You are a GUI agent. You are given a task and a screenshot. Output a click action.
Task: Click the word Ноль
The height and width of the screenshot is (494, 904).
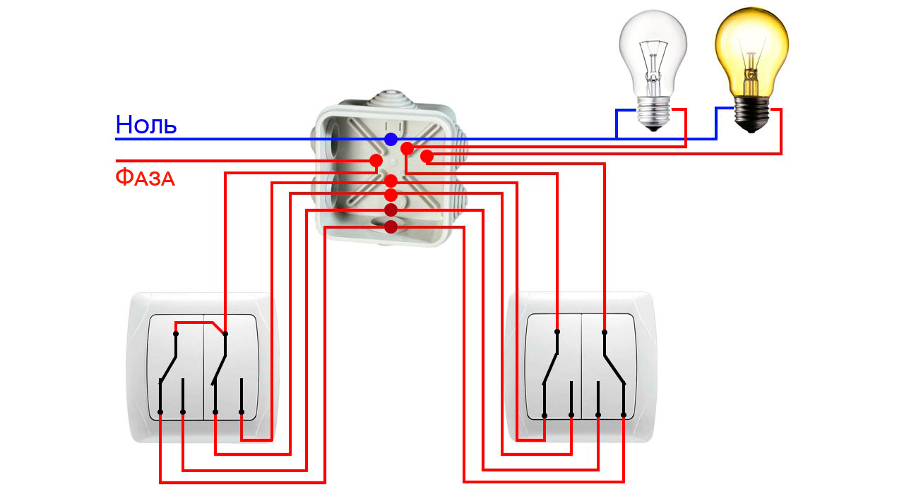coord(146,125)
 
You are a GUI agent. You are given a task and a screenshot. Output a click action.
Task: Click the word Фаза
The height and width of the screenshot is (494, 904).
coord(145,176)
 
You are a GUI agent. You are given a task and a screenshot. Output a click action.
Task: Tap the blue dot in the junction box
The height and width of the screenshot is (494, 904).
coord(391,139)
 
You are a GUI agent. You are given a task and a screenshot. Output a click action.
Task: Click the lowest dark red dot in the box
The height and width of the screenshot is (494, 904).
coord(391,227)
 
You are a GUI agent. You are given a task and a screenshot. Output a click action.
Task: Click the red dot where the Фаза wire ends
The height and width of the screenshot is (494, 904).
coord(376,161)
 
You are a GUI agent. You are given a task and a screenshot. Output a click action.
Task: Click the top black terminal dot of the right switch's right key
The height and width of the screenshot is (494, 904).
coord(605,331)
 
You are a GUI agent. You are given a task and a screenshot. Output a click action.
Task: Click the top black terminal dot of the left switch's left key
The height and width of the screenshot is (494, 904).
coord(176,333)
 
